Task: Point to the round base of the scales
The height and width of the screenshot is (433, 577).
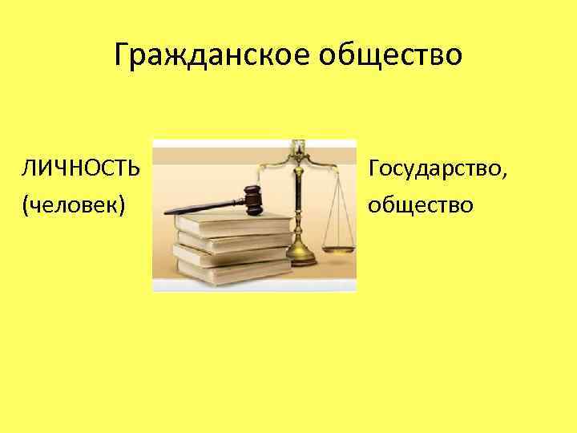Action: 301,254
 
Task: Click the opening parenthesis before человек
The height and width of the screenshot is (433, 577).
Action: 27,205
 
